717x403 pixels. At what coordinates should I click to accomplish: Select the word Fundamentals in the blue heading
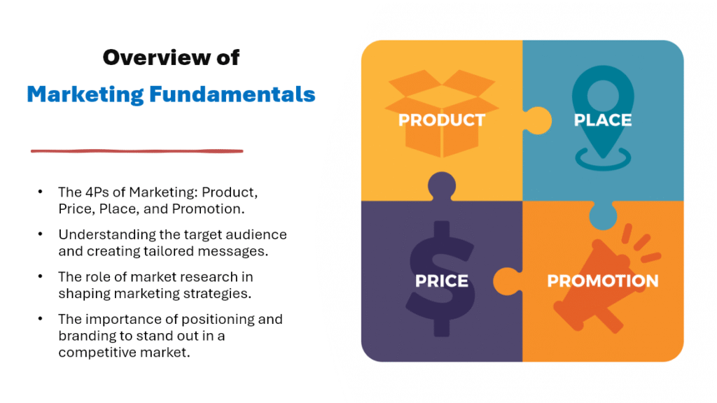(232, 94)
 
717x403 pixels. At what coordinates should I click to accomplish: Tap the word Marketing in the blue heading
(85, 95)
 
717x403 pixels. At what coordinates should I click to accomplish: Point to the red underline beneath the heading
(137, 151)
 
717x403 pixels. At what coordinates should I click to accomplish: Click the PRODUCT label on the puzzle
(441, 120)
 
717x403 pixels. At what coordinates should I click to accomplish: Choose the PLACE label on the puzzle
(603, 120)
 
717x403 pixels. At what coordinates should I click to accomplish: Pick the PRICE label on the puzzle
(441, 281)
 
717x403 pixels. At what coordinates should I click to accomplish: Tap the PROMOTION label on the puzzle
(603, 281)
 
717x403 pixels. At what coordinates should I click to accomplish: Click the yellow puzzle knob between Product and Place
(538, 120)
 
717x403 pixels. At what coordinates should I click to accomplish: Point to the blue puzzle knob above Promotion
(603, 215)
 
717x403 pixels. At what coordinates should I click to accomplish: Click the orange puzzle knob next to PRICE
(507, 281)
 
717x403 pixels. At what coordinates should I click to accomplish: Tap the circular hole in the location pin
(603, 95)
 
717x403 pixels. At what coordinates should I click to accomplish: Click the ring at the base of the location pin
(603, 167)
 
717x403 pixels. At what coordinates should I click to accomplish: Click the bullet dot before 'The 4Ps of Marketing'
(40, 192)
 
